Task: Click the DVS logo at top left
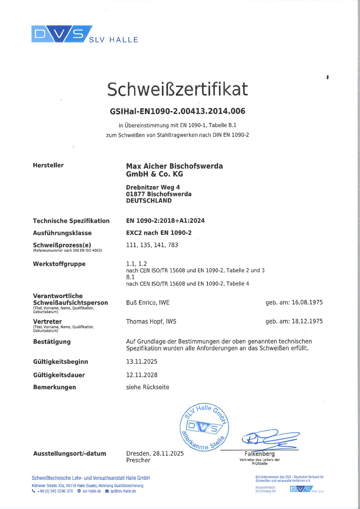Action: (61, 34)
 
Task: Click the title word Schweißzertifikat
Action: (178, 89)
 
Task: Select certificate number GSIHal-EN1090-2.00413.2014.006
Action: (178, 111)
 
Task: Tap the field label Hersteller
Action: (48, 165)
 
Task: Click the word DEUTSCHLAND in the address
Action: (149, 201)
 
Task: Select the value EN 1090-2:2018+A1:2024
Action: (165, 221)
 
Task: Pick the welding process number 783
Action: (173, 245)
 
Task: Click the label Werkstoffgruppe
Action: (59, 264)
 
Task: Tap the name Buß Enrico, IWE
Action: (148, 303)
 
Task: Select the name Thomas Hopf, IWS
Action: (151, 322)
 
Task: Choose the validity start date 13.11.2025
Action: (142, 362)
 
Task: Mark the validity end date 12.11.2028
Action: (142, 375)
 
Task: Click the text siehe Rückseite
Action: (148, 387)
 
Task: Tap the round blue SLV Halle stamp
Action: (204, 427)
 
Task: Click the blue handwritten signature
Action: (270, 439)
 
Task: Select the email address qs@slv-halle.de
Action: (123, 491)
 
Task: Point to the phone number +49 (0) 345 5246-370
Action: (55, 491)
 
